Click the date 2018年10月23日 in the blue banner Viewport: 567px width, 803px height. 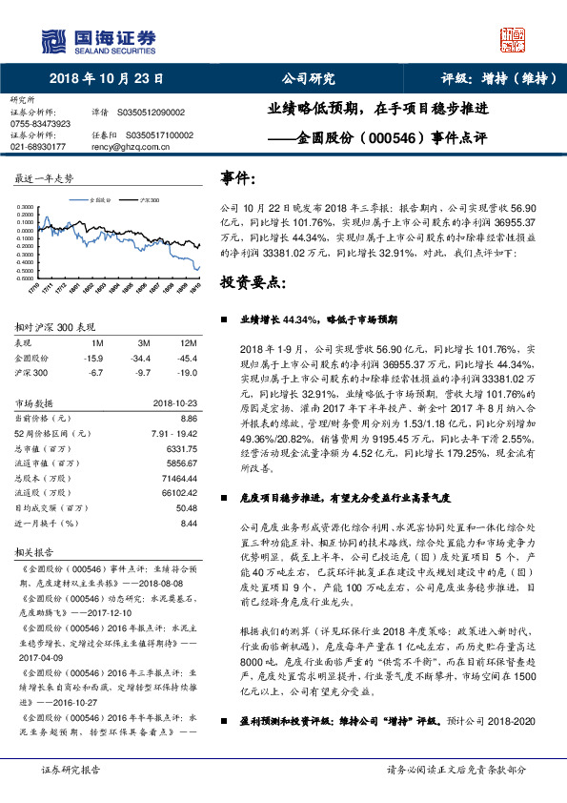tap(106, 78)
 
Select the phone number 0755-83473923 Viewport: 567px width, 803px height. tap(39, 124)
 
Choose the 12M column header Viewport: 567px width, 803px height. tap(188, 341)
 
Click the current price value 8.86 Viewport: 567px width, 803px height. tap(188, 418)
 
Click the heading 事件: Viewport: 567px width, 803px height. tap(238, 177)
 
